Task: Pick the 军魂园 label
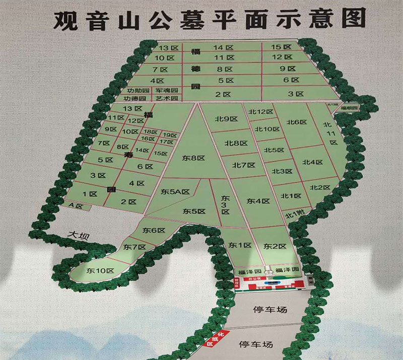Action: [x=166, y=90]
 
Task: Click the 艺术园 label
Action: [x=166, y=98]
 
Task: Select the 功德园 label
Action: [x=136, y=98]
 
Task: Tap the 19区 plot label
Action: [x=170, y=135]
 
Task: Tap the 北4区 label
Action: [x=312, y=162]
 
